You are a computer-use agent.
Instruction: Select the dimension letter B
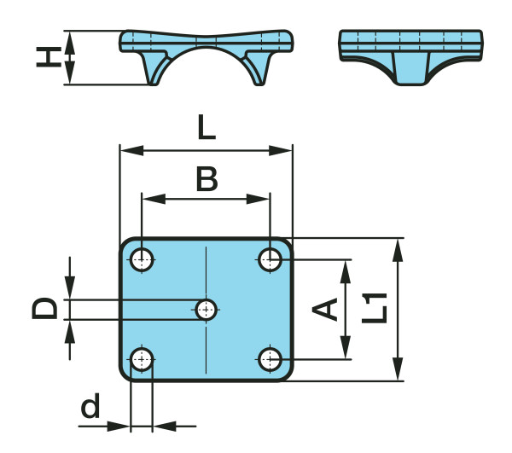(x=206, y=178)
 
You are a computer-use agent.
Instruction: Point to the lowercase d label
(x=90, y=408)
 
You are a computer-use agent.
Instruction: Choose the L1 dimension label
(x=373, y=308)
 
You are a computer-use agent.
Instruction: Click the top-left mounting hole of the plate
(x=142, y=258)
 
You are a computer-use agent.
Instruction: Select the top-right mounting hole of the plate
(x=271, y=258)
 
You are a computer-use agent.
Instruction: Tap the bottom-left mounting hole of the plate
(x=142, y=359)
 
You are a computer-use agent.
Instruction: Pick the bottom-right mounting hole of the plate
(x=271, y=359)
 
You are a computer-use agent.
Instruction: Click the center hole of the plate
(x=207, y=309)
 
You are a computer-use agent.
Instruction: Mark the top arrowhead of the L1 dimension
(x=397, y=247)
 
